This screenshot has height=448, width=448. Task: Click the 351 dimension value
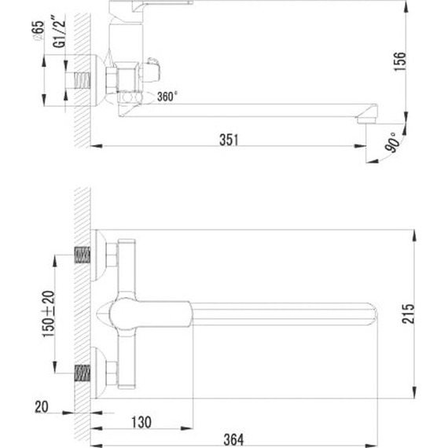228,139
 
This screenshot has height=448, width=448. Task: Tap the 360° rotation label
167,97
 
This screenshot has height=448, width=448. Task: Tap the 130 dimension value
141,423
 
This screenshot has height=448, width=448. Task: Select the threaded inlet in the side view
83,80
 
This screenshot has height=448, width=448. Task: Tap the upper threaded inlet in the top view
83,255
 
